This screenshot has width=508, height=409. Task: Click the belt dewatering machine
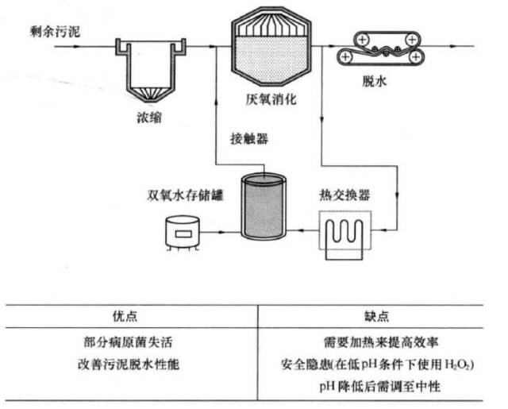pos(379,49)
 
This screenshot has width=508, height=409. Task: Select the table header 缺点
pos(384,314)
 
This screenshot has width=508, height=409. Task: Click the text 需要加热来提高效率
pos(384,344)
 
